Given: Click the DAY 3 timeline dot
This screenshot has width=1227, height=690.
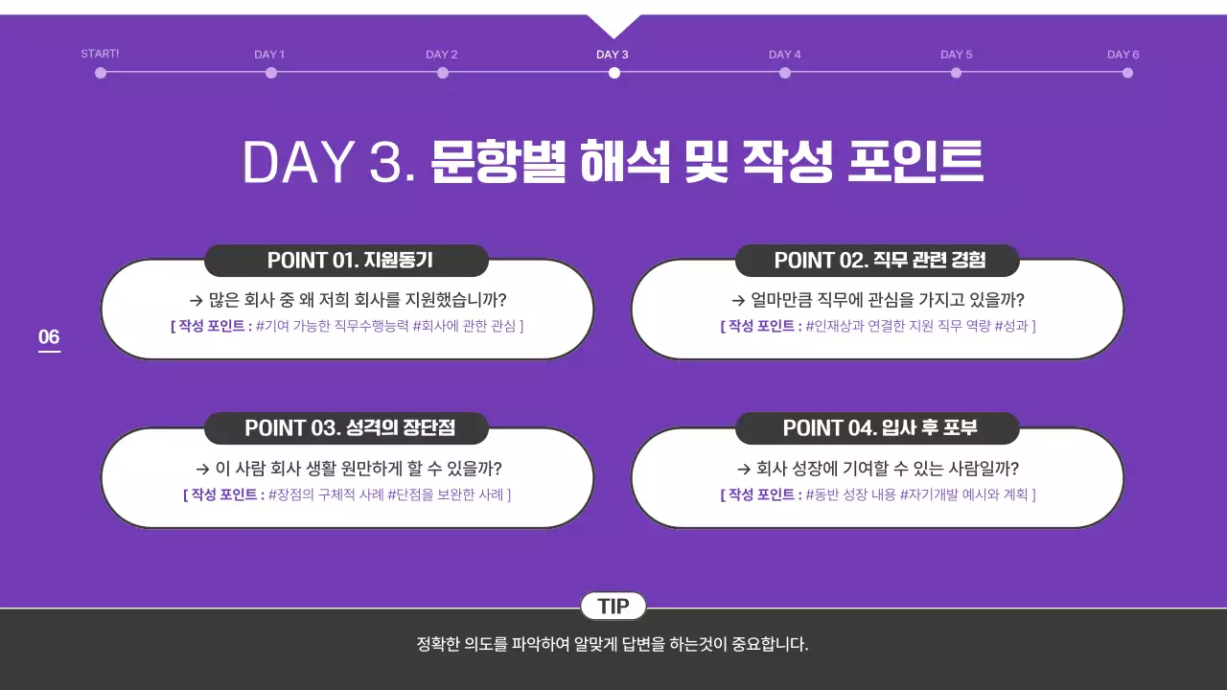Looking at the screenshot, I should point(613,72).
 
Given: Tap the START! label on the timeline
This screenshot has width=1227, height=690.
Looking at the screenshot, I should point(100,54).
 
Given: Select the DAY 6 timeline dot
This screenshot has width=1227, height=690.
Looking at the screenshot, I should point(1127,72).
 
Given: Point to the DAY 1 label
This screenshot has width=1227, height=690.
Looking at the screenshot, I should point(269,55).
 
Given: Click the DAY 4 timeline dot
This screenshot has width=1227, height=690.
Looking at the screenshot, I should point(785,72).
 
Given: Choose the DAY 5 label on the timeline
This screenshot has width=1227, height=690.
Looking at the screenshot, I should point(956,55).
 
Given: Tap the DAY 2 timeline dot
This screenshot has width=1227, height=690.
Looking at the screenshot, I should point(443,72).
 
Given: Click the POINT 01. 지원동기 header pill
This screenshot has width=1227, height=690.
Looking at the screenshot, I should point(346,261).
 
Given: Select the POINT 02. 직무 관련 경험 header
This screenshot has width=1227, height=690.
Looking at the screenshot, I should point(877,261).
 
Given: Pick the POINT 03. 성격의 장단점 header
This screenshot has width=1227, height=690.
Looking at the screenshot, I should point(346,428).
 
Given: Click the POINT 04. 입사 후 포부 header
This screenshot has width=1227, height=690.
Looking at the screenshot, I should point(877,428).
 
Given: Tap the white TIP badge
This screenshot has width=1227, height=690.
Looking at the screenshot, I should point(613,607).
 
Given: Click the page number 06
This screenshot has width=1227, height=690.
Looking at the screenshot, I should point(49,337).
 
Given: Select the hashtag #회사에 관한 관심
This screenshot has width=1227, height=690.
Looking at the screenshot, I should point(464,326).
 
